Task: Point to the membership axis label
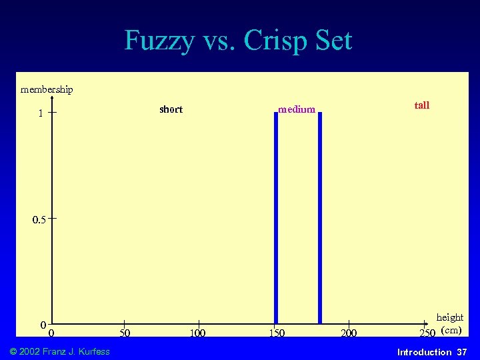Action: pos(47,89)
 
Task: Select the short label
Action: pos(171,109)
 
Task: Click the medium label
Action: pos(296,109)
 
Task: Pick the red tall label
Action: pos(421,105)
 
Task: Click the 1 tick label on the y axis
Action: pos(41,113)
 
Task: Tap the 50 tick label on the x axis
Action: pos(125,333)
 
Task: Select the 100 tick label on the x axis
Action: pos(198,333)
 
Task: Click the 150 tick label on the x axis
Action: pos(276,333)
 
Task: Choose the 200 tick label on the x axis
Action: pos(349,333)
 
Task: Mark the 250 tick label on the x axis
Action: pos(427,333)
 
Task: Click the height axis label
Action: pos(449,317)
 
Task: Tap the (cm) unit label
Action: pos(451,330)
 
